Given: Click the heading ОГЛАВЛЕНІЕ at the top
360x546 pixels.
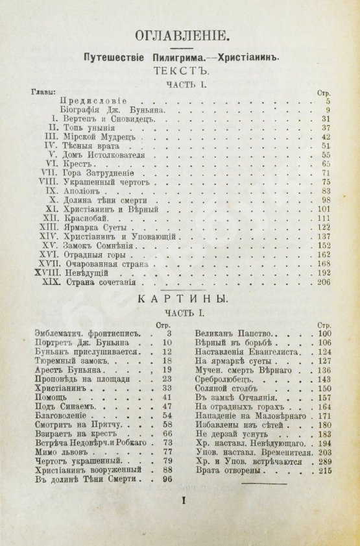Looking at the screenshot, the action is [180, 36].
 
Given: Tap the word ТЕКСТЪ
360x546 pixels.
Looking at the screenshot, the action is [180, 72].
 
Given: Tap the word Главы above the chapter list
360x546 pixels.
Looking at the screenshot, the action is [44, 92].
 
